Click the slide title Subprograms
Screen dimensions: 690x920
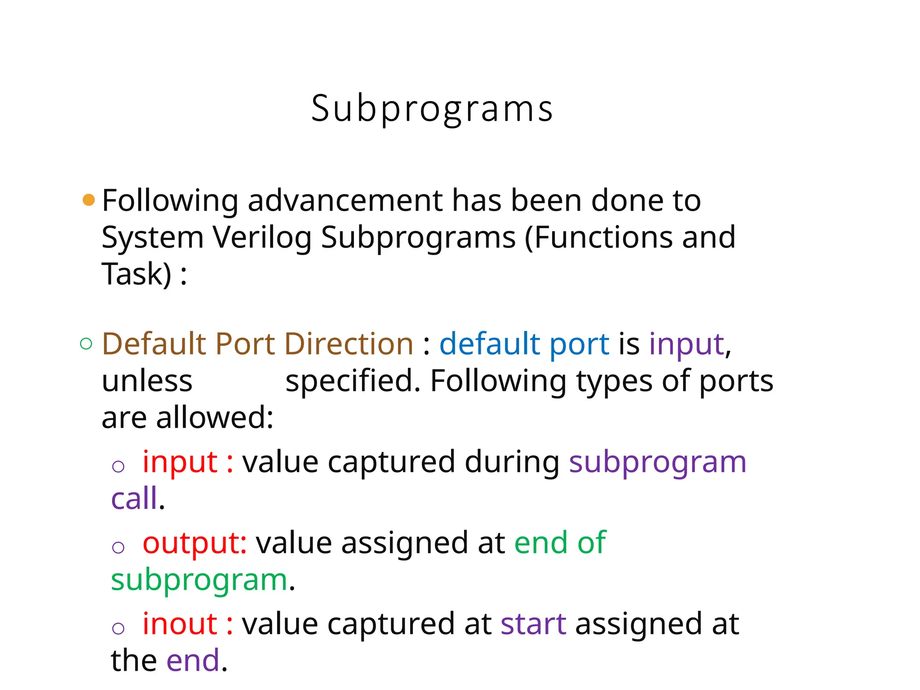432,109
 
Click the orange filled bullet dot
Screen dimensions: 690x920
89,200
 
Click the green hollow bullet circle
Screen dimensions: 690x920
86,344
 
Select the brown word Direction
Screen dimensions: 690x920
349,344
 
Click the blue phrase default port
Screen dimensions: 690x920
524,344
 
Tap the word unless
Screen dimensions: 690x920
147,381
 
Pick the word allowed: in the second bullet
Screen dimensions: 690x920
215,418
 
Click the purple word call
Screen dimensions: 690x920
134,499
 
